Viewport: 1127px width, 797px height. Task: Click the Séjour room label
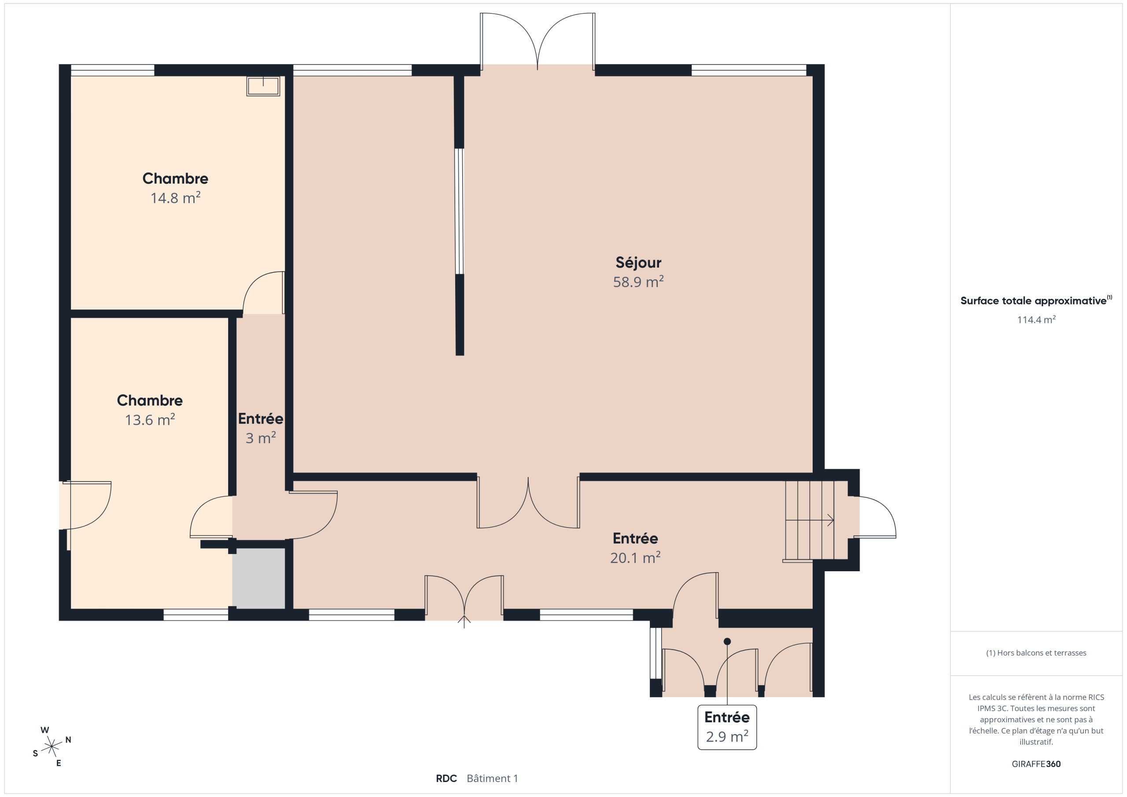pyautogui.click(x=638, y=263)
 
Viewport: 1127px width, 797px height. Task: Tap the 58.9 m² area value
pyautogui.click(x=638, y=282)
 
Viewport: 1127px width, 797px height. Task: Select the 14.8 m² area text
pyautogui.click(x=175, y=198)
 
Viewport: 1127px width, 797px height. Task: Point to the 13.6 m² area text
pyautogui.click(x=150, y=419)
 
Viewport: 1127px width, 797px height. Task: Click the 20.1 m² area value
pyautogui.click(x=635, y=558)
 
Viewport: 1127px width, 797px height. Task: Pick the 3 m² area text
pyautogui.click(x=261, y=438)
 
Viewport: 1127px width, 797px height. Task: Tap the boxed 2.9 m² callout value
pyautogui.click(x=727, y=736)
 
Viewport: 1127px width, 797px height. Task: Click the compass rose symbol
pyautogui.click(x=52, y=746)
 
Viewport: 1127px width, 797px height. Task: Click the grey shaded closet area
pyautogui.click(x=259, y=579)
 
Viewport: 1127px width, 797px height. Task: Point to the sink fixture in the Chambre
pyautogui.click(x=263, y=86)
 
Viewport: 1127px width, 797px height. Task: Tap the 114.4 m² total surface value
pyautogui.click(x=1036, y=320)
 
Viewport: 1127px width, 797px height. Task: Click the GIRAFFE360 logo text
pyautogui.click(x=1036, y=764)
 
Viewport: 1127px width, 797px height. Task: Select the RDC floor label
pyautogui.click(x=446, y=779)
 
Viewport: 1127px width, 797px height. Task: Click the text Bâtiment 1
pyautogui.click(x=492, y=779)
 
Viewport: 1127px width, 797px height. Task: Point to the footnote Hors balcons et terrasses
pyautogui.click(x=1036, y=653)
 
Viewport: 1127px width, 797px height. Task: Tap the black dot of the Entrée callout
pyautogui.click(x=727, y=641)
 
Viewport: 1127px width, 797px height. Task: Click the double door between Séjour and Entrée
pyautogui.click(x=528, y=503)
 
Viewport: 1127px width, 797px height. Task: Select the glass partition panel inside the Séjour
pyautogui.click(x=459, y=211)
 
